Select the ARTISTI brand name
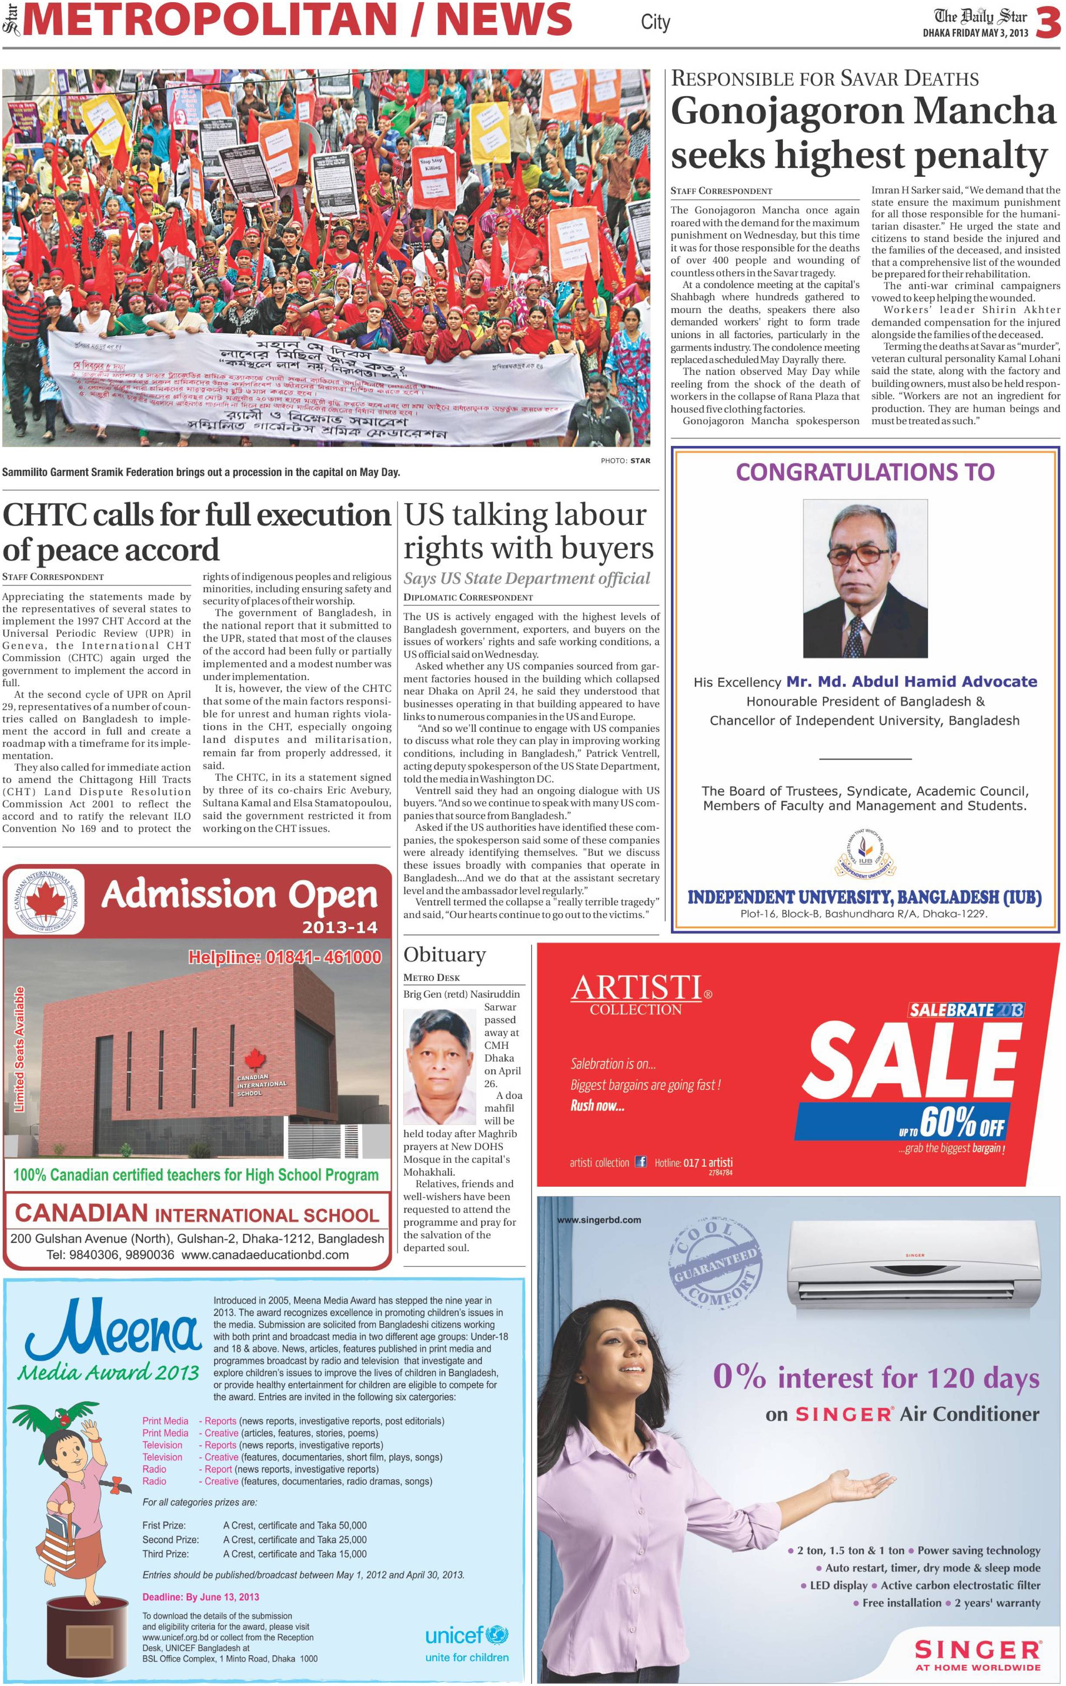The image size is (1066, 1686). [x=636, y=988]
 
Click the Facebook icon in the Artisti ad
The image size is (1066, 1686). [x=640, y=1162]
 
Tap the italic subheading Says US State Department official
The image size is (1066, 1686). [x=527, y=578]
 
